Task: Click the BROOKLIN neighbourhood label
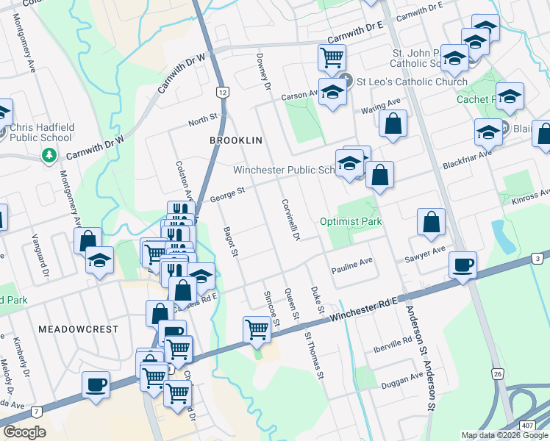(x=236, y=139)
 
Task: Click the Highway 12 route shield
(x=221, y=91)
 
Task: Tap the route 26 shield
(x=498, y=374)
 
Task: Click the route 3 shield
(x=538, y=258)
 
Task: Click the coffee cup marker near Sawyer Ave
(x=463, y=265)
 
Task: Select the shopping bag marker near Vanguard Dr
(x=87, y=240)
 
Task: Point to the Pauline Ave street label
(x=351, y=261)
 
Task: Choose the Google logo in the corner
(x=25, y=433)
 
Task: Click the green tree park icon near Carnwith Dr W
(x=49, y=155)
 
